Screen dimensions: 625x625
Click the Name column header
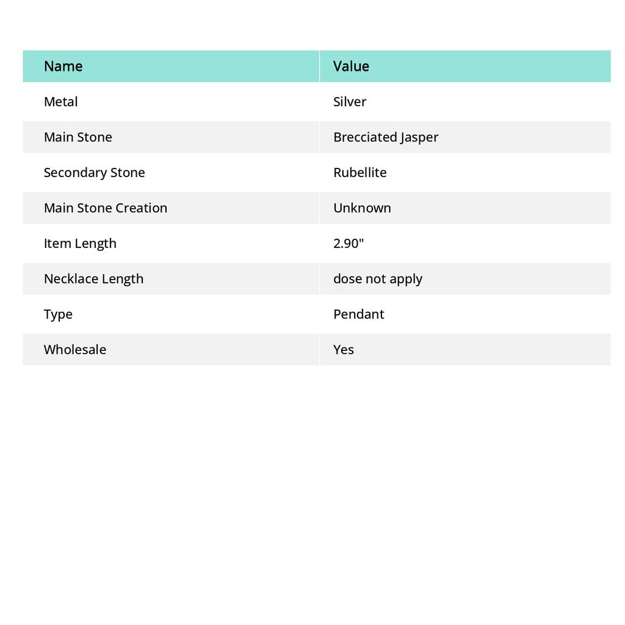tap(63, 67)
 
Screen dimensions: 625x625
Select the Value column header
tap(351, 67)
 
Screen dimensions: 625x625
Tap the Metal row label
tap(61, 102)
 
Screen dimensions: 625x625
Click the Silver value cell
tap(350, 102)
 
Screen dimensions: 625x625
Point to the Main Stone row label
tap(78, 137)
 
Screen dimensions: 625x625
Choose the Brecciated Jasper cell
tap(386, 137)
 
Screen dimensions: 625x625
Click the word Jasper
tap(419, 137)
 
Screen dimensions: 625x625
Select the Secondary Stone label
tap(95, 173)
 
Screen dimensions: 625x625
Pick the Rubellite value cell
tap(360, 173)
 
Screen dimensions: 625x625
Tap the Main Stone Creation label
tap(106, 208)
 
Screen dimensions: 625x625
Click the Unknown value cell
tap(362, 208)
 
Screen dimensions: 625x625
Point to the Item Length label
tap(80, 244)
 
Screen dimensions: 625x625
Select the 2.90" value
tap(349, 244)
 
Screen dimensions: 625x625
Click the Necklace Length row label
tap(94, 279)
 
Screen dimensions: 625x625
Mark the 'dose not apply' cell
tap(378, 279)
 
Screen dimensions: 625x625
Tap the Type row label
tap(58, 314)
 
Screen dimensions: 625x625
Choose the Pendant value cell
tap(359, 314)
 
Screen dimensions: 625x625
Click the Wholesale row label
tap(75, 350)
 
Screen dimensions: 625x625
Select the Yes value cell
tap(344, 350)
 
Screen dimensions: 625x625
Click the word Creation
tap(142, 208)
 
